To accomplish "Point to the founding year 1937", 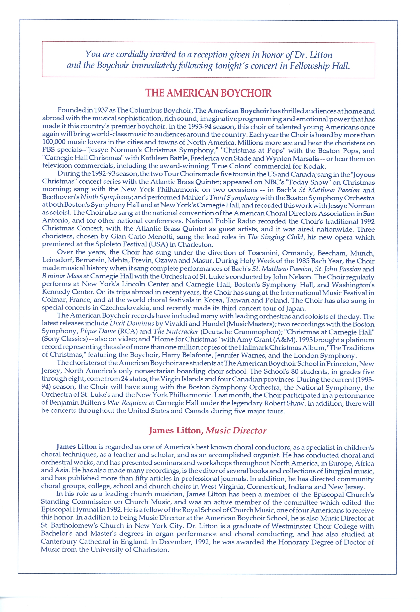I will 101,111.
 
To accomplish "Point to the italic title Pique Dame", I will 98,331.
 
